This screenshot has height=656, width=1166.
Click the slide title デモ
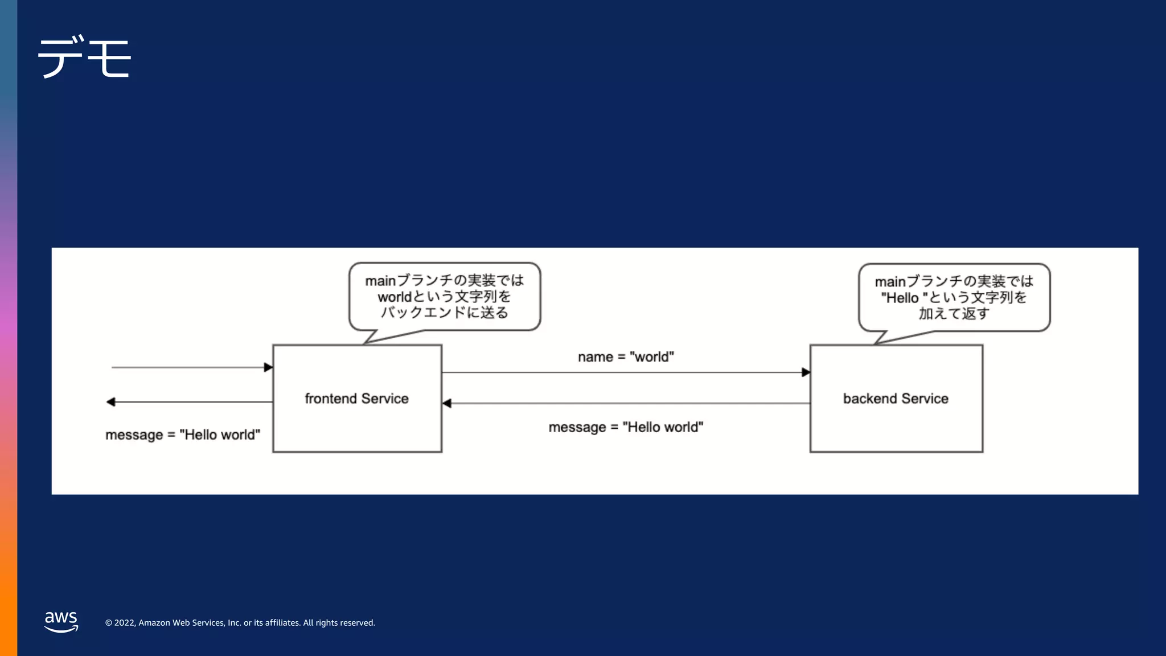(84, 57)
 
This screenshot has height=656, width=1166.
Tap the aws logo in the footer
(61, 621)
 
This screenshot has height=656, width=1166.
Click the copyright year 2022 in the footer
(125, 623)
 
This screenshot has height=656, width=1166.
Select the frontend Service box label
(356, 399)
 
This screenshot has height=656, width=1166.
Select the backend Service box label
(896, 399)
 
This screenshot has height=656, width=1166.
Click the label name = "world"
(626, 357)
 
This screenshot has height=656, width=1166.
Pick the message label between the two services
(626, 427)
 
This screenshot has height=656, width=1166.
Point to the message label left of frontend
(183, 435)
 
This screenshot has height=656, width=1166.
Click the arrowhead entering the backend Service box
(806, 372)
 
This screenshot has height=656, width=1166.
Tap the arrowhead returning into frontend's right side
(447, 403)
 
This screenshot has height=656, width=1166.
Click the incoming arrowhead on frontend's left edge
(268, 367)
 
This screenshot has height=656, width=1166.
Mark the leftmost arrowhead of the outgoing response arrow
(111, 402)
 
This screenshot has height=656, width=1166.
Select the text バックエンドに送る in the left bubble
(444, 313)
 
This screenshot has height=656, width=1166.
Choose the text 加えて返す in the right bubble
(954, 314)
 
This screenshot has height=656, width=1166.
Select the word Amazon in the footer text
(154, 623)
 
